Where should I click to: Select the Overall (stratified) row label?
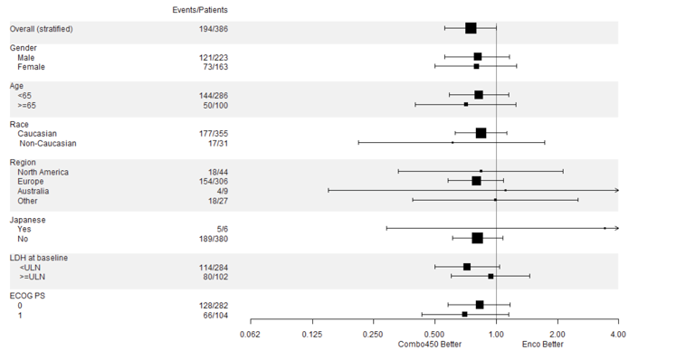(x=42, y=29)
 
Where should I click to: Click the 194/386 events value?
(x=214, y=29)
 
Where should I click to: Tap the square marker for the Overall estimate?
(x=471, y=28)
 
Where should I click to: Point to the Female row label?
(x=31, y=67)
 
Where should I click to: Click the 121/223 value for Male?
(x=214, y=57)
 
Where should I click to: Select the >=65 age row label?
(x=27, y=105)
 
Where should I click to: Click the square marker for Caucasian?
(x=481, y=133)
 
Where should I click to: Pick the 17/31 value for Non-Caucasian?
(x=216, y=143)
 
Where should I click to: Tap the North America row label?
(x=43, y=172)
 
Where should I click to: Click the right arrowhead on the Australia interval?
(x=615, y=190)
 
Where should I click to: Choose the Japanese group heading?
(x=27, y=220)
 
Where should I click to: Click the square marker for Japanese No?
(x=477, y=238)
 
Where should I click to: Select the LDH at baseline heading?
(x=39, y=258)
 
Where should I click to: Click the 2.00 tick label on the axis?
(x=557, y=335)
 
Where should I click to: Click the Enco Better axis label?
(x=542, y=345)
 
